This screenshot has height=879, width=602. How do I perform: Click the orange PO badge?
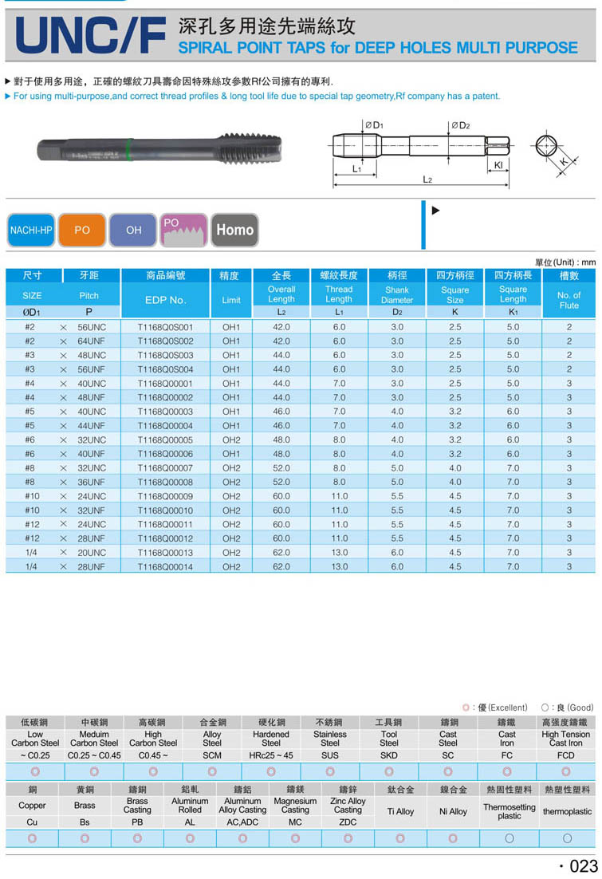82,230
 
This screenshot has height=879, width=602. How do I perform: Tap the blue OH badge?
133,230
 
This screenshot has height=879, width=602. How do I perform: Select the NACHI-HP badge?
31,230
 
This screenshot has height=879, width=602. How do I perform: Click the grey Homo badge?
234,230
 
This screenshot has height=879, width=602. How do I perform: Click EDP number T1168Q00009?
165,496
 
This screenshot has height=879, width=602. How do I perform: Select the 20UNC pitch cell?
91,553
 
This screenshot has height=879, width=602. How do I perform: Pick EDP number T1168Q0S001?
165,327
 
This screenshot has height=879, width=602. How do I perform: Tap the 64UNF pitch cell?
91,341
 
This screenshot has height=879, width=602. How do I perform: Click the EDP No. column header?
165,300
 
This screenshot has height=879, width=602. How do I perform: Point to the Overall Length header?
281,294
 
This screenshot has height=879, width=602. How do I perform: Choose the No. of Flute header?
569,300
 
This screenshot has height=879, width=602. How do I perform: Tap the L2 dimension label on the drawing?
427,180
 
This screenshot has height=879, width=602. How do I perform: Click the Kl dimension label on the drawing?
498,165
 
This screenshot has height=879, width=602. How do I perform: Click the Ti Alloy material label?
400,811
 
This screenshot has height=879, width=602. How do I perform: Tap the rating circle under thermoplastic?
567,838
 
